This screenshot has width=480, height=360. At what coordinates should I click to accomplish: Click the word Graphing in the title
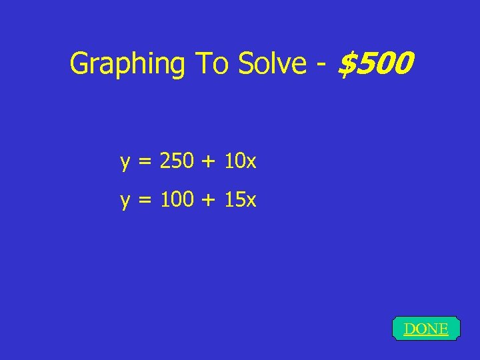point(127,65)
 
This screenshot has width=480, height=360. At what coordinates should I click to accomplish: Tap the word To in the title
point(209,64)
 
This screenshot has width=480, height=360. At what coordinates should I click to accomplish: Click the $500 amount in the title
point(376,64)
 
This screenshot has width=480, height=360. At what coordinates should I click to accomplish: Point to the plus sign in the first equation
point(213,161)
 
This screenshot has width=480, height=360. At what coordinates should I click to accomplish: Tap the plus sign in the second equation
point(213,200)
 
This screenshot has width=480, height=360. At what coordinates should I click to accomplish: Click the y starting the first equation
point(125,163)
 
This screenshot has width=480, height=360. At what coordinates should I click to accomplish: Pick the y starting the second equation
point(125,201)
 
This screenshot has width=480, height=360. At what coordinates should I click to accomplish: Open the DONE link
point(426,329)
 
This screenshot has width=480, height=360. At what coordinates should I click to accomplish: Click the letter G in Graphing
point(79,64)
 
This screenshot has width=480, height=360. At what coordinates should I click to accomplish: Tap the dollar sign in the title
point(347,64)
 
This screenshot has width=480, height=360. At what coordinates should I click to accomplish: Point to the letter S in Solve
point(247,64)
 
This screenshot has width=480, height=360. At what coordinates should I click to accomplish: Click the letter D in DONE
point(409,329)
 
